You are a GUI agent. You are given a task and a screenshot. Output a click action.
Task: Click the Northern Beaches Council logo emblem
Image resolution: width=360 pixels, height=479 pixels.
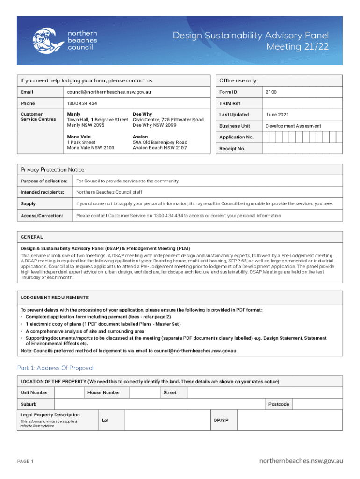pos(47,40)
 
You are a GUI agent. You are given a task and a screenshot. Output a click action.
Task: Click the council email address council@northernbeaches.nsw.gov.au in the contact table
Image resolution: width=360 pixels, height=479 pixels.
pos(109,92)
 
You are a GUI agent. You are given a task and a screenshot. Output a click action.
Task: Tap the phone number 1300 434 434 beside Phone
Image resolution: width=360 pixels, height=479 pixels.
pos(82,103)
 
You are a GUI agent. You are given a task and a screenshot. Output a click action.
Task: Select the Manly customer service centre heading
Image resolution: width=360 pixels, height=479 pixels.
pos(73,114)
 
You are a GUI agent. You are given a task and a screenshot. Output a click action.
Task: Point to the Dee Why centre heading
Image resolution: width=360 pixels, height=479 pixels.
pos(142,114)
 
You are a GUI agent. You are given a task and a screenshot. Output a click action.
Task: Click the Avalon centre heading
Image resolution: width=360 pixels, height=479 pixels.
pos(141,137)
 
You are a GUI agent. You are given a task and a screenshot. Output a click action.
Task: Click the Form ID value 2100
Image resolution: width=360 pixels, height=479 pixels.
pos(271,92)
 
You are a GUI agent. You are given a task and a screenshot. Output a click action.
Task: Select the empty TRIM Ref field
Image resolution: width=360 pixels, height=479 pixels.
pos(302,103)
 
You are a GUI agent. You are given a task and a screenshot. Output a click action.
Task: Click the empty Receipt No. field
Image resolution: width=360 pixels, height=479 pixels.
pos(302,149)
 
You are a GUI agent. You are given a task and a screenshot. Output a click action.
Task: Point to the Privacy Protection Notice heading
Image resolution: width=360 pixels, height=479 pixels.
pos(52,170)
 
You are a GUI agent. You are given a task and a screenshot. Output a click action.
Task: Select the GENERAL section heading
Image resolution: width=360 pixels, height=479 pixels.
pos(32,237)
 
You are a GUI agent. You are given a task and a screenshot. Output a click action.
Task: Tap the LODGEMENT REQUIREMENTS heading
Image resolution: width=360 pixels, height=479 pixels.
pos(55,298)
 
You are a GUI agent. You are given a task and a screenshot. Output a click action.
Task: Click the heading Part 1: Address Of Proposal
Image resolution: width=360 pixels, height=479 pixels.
pos(55,368)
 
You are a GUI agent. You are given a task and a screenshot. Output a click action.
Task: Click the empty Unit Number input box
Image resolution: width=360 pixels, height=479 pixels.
pos(69,393)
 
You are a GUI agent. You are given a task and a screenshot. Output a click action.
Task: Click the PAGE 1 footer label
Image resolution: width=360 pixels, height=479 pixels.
pos(25,462)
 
